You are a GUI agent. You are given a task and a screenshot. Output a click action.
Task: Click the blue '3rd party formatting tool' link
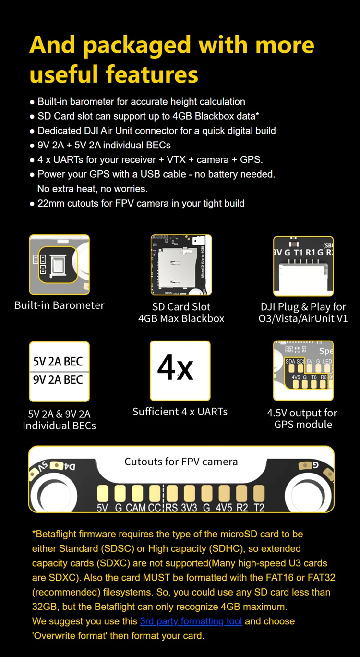[191, 621]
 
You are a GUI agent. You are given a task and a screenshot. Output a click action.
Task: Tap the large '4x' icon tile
[180, 370]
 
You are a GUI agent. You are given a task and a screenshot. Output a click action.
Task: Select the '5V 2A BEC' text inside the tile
[58, 362]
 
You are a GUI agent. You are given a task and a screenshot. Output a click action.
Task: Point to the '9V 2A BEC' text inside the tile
[58, 379]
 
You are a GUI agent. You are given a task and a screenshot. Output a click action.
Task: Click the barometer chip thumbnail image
[60, 265]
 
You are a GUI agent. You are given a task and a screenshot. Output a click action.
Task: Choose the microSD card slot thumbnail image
[181, 265]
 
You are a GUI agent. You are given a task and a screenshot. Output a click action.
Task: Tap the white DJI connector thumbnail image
[303, 266]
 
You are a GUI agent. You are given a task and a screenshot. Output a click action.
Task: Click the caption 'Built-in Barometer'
[60, 305]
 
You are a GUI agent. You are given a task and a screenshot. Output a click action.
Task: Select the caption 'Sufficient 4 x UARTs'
[180, 412]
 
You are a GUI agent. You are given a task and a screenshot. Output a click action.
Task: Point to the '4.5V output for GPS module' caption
[302, 418]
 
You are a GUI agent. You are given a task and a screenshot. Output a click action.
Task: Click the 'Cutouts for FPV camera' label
[181, 462]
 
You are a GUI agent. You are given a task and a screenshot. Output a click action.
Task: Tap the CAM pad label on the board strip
[136, 507]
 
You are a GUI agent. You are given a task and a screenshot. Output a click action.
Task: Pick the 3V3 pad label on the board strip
[189, 507]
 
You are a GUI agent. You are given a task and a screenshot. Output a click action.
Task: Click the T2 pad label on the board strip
[259, 507]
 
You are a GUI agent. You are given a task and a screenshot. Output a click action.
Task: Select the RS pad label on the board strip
[171, 507]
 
